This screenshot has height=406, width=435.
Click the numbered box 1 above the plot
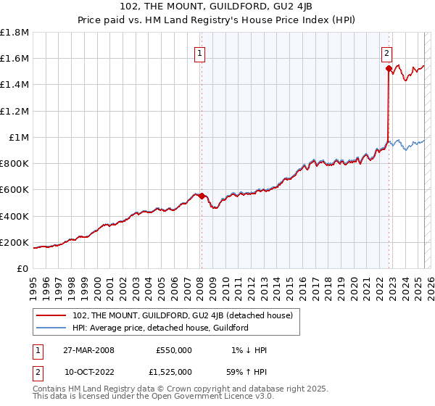pyautogui.click(x=199, y=52)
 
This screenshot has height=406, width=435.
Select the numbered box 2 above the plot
pyautogui.click(x=386, y=52)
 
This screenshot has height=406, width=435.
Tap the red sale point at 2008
pyautogui.click(x=202, y=196)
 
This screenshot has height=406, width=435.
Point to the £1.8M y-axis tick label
pyautogui.click(x=14, y=33)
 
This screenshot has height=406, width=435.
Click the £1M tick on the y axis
pyautogui.click(x=19, y=137)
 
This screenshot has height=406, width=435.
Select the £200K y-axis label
pyautogui.click(x=14, y=242)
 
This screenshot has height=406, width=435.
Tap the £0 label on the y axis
pyautogui.click(x=22, y=269)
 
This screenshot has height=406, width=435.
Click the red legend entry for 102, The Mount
pyautogui.click(x=182, y=315)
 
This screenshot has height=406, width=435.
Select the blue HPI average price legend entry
pyautogui.click(x=160, y=328)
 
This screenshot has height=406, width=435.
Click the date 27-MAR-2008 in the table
pyautogui.click(x=88, y=350)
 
